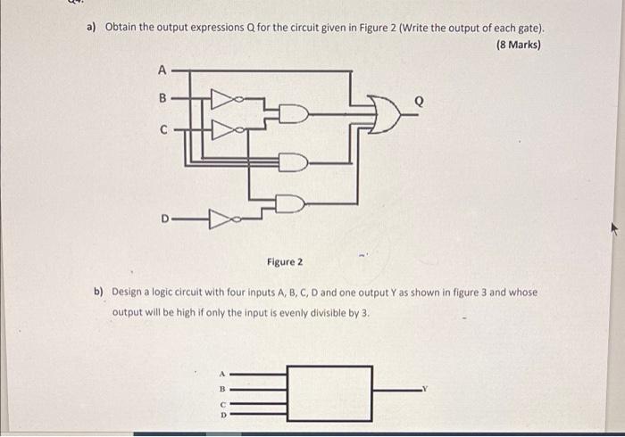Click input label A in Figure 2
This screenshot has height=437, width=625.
pos(162,69)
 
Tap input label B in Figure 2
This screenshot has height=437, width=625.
pos(162,99)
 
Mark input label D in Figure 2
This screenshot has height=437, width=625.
pos(165,217)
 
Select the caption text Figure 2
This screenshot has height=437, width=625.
pos(285,262)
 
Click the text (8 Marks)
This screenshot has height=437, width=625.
pos(519,45)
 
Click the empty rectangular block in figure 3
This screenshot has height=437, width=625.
pos(329,390)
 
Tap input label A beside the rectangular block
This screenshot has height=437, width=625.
pos(223,375)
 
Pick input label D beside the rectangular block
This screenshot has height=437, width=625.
pos(223,414)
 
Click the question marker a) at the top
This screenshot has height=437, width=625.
pos(91,27)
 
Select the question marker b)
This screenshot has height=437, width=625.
pos(100,292)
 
